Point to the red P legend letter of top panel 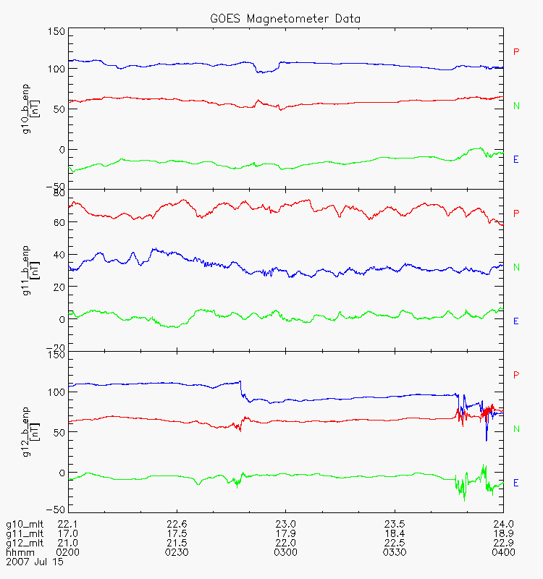point(516,52)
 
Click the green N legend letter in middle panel point(516,267)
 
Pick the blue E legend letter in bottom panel point(516,483)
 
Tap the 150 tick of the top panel point(56,32)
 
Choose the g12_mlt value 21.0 point(67,543)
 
